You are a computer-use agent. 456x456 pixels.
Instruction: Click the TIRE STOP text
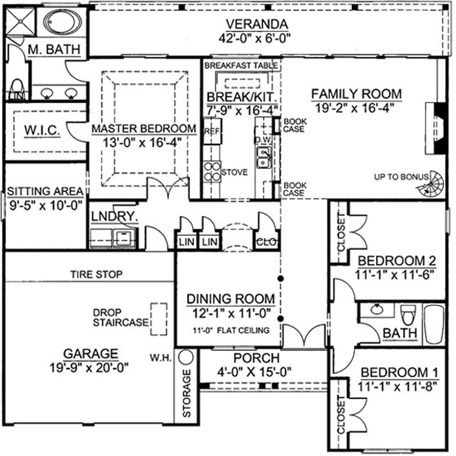tap(97, 274)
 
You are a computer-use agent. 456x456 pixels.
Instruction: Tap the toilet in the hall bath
tap(408, 312)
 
